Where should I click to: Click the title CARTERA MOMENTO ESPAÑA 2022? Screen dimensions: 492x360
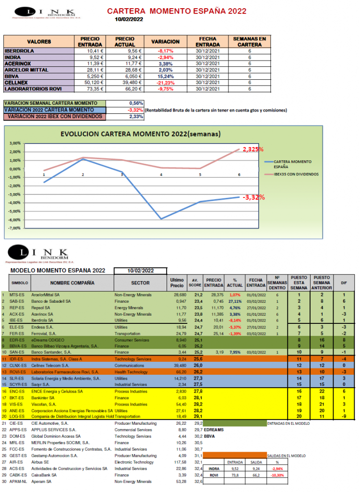coord(177,11)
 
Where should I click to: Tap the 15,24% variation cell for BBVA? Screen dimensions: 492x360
coord(165,76)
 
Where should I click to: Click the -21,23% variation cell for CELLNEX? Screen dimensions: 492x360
coord(165,82)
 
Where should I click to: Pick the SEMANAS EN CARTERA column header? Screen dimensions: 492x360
coord(250,41)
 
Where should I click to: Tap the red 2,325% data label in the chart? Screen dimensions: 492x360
coord(252,149)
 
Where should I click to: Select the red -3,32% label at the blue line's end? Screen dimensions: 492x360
coord(254,197)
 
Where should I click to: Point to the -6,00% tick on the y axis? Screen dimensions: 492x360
coord(15,211)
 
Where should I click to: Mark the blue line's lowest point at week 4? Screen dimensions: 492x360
coord(161,219)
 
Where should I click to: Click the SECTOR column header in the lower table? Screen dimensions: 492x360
coord(140,283)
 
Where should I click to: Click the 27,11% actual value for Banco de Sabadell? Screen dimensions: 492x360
coord(235,301)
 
